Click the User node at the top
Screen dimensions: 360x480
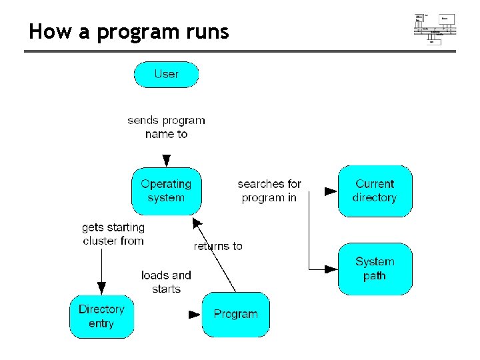166,74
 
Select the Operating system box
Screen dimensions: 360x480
166,191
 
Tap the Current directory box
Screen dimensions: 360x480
375,191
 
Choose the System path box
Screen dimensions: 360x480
375,269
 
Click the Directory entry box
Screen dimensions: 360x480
101,316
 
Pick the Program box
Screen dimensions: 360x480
235,314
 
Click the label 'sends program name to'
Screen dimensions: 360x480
166,127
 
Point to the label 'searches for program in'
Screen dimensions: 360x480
269,191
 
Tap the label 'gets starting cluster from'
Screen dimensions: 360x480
113,234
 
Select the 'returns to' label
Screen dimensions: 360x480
218,246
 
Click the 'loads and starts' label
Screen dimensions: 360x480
166,282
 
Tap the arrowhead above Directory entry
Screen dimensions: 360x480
101,288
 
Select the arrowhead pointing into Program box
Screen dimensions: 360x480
194,314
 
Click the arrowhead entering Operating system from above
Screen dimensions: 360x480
166,161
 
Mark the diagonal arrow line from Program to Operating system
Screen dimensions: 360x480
215,255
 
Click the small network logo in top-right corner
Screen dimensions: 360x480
435,28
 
